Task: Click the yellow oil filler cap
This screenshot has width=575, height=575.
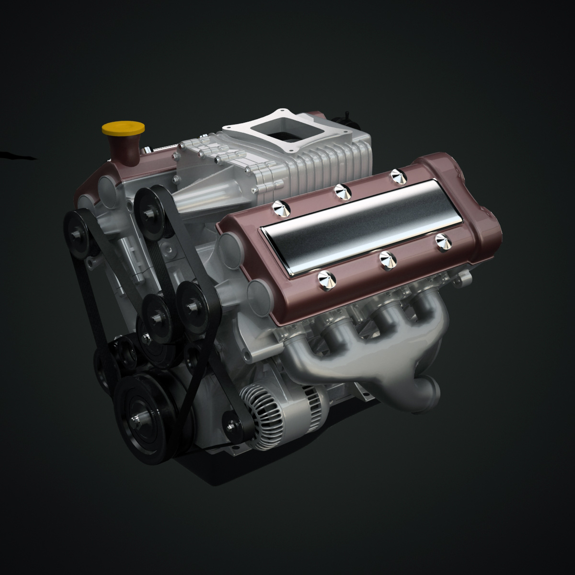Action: pos(123,128)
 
